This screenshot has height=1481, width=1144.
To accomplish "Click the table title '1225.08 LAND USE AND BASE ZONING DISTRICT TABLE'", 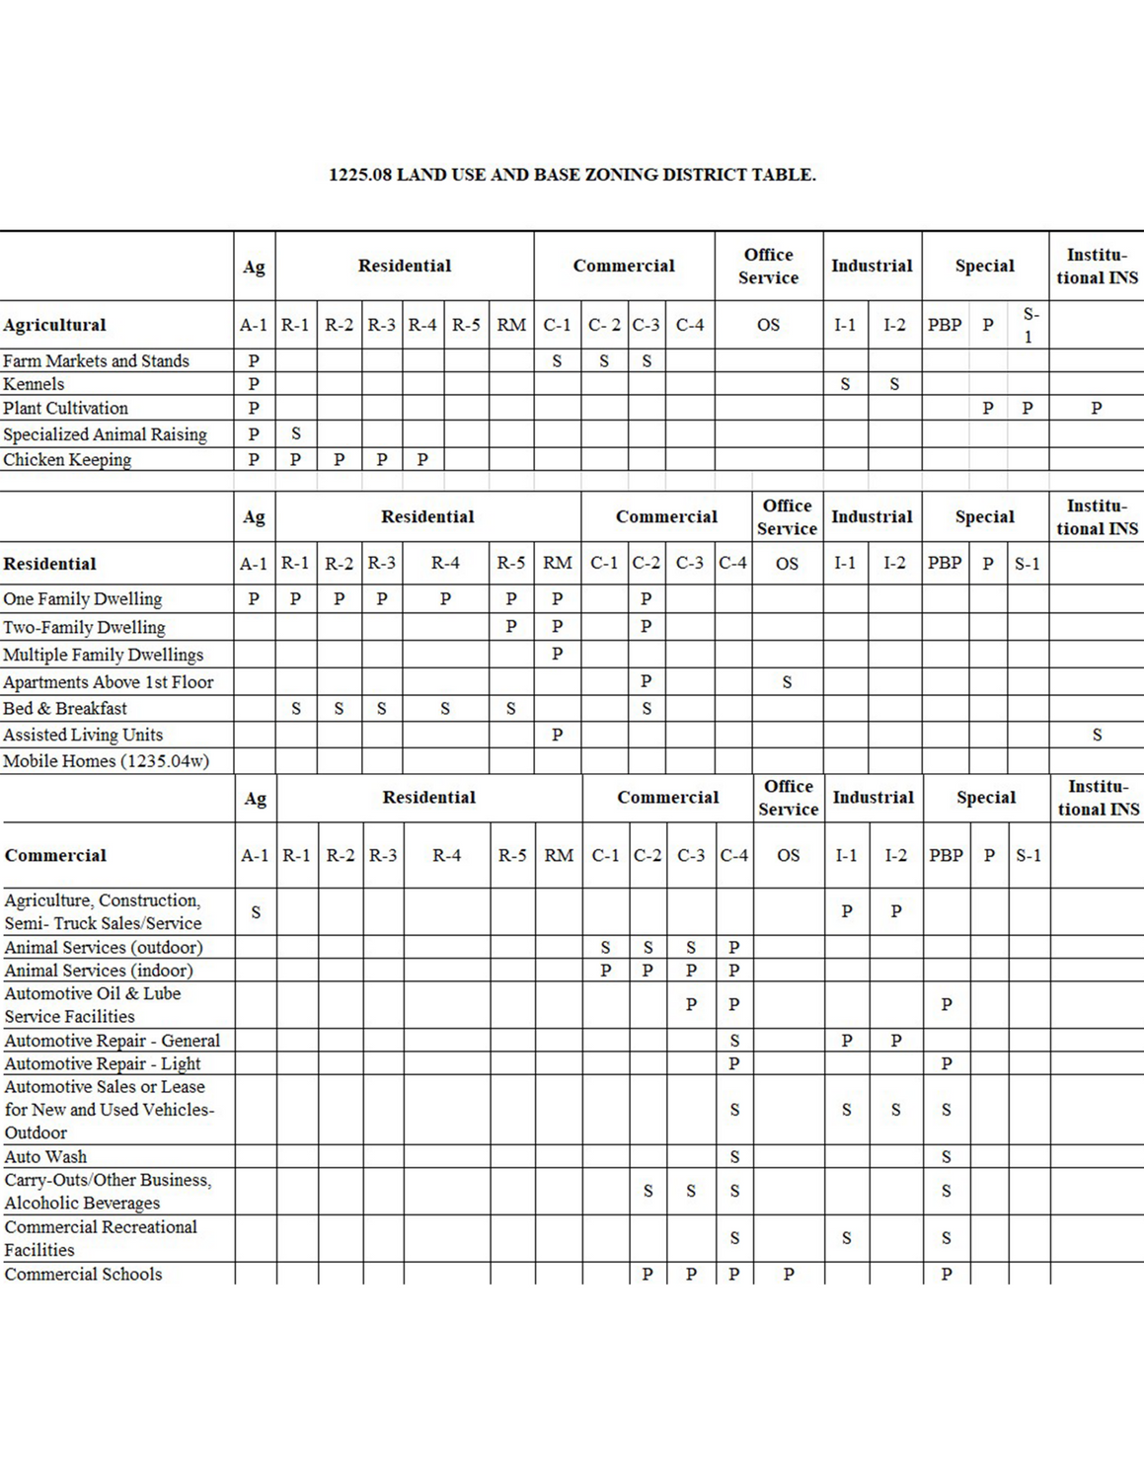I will pos(572,176).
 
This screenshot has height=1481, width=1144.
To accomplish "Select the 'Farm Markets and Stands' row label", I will pos(96,361).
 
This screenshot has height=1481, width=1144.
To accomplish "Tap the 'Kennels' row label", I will pos(34,384).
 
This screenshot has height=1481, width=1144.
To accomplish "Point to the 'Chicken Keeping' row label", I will pos(67,459).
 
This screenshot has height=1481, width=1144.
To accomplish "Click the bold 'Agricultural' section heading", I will pos(54,325).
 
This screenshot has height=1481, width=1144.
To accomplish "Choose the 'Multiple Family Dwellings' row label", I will pos(103,655).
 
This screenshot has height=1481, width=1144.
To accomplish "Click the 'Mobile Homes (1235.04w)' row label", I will pos(106,761).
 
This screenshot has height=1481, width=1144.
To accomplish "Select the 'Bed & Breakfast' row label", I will pos(65,708).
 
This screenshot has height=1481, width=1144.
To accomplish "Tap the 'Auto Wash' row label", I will pos(45,1156).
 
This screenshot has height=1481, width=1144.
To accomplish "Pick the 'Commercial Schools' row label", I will pos(83,1274).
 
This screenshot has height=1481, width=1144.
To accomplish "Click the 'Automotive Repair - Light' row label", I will pos(103,1063).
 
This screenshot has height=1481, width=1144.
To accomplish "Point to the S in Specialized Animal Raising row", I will pos(295,433).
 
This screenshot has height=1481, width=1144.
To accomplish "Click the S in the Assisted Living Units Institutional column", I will pos(1097,735).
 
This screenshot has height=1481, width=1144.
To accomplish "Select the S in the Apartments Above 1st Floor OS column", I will pos(787,681).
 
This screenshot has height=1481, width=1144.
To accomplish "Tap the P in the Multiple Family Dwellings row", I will pos(558,654).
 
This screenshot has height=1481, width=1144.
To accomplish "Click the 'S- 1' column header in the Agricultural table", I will pos(1030,325).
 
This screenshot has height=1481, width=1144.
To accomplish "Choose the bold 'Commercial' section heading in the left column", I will pos(55,855).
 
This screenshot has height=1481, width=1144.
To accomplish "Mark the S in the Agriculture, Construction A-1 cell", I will pos(256,912).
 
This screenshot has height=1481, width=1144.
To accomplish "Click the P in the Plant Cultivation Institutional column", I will pos(1096,408).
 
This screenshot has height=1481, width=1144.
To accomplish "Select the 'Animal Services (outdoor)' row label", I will pos(104,947).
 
